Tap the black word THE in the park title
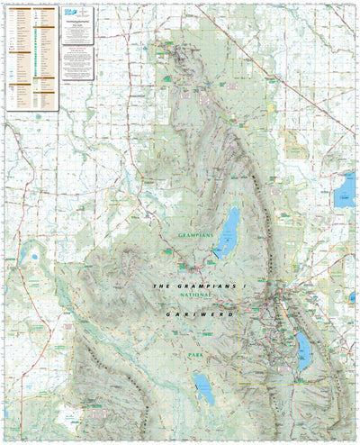pos(160,286)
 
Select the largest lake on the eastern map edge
pos(344,190)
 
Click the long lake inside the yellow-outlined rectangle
pos(302,350)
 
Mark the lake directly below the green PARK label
pos(204,390)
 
